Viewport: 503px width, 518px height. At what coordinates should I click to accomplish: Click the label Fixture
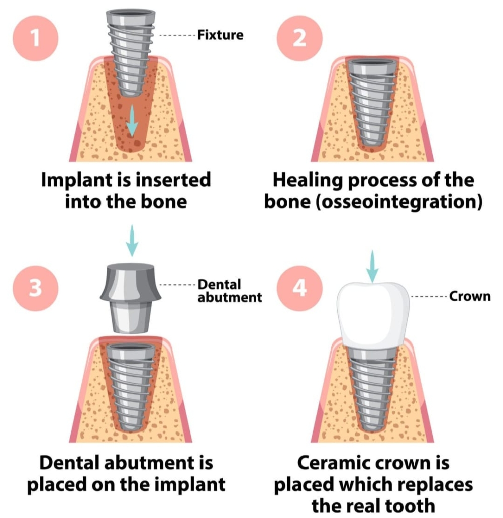220,35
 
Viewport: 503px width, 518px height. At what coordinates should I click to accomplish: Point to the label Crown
469,296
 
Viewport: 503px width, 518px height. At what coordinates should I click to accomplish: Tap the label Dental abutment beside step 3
230,291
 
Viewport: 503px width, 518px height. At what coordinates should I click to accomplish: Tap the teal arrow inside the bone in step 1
131,120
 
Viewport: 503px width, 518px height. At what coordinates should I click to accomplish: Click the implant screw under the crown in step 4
372,387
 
